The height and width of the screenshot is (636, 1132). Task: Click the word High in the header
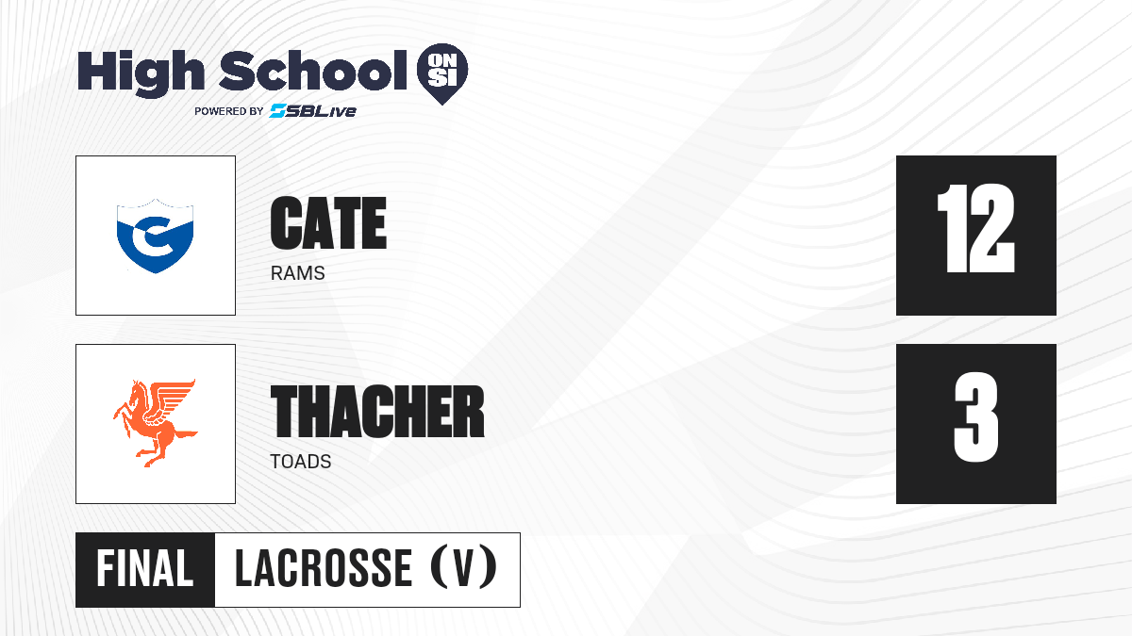[x=141, y=73]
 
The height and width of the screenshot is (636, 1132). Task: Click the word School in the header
[x=313, y=70]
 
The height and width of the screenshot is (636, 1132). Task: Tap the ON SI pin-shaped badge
[x=442, y=73]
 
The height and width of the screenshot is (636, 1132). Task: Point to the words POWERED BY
[x=229, y=111]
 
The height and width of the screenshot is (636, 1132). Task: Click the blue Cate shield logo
[x=155, y=236]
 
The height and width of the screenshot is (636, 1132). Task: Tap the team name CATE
[x=328, y=223]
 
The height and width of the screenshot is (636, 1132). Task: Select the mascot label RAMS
[x=298, y=273]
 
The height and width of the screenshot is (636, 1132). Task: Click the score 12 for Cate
[x=975, y=228]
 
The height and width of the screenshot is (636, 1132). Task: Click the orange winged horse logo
[x=155, y=423]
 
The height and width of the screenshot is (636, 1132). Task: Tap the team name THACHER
[x=377, y=412]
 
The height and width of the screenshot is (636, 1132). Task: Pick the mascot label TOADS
[x=301, y=462]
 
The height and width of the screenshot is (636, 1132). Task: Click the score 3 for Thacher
[x=975, y=416]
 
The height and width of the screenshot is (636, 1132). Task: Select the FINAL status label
[x=145, y=569]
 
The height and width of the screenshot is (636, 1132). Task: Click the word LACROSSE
[x=324, y=568]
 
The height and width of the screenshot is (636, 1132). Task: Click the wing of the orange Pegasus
[x=171, y=402]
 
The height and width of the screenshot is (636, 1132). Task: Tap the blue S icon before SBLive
[x=278, y=110]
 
